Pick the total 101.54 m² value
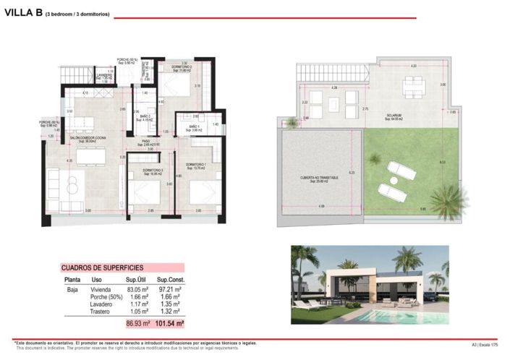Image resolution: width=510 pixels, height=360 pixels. (169, 324)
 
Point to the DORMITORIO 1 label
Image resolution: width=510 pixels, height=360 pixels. (195, 165)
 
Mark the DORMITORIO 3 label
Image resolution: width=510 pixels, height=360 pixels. (152, 171)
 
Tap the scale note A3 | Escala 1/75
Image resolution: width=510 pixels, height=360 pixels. (484, 345)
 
